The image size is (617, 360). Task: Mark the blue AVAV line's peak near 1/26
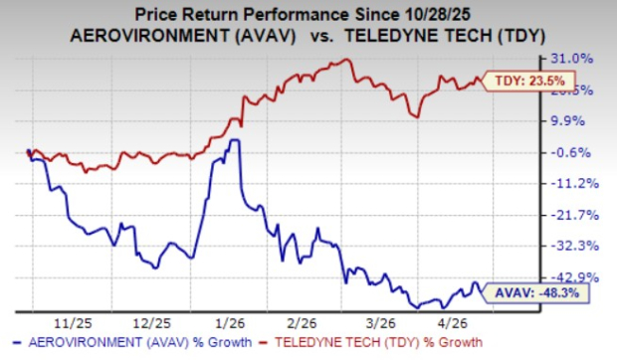234,140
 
